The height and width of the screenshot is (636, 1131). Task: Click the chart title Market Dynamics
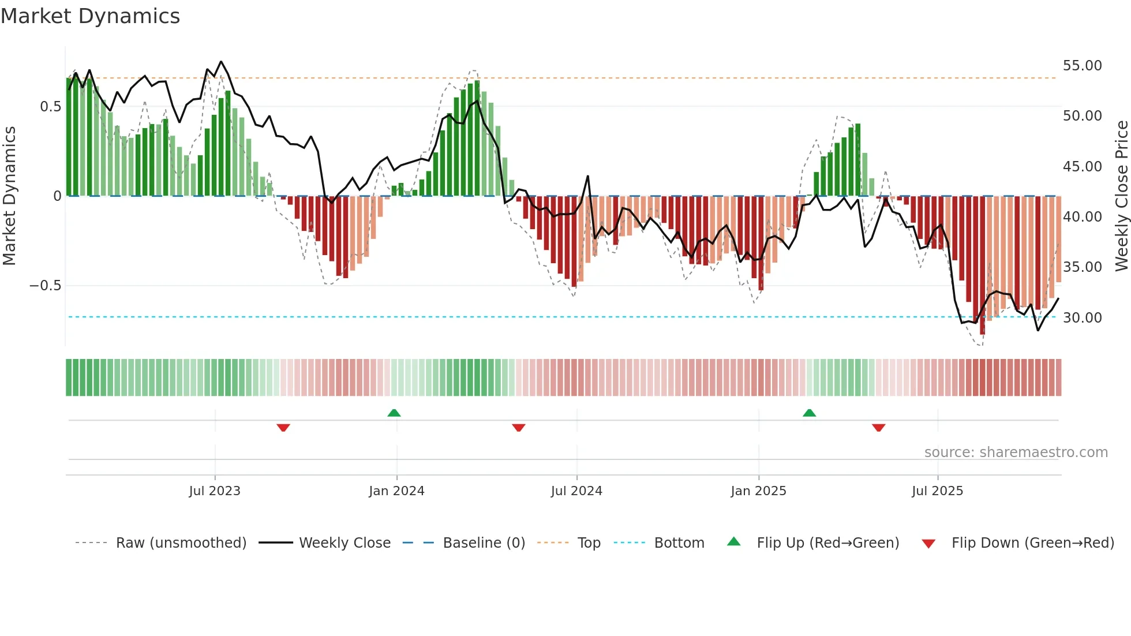(x=90, y=16)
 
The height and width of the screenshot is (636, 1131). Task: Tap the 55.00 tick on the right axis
(x=1082, y=66)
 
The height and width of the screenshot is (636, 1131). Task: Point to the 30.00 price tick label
(x=1082, y=318)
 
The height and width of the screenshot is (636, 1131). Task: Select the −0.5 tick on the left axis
(x=45, y=286)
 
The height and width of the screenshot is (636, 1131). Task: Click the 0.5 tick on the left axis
(x=50, y=107)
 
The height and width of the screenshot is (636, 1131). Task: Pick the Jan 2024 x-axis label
(x=396, y=491)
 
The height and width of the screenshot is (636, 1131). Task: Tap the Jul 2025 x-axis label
(x=937, y=491)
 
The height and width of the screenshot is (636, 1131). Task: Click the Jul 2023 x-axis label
(x=215, y=491)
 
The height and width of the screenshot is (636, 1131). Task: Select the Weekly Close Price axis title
(x=1121, y=196)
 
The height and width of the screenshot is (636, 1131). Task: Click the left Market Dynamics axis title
(x=9, y=196)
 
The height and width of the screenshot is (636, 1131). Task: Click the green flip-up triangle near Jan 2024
(x=394, y=413)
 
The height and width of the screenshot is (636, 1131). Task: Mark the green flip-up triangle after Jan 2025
(x=809, y=413)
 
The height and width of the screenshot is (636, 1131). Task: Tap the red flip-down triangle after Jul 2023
(x=283, y=428)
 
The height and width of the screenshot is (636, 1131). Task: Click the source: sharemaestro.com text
(x=1016, y=452)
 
